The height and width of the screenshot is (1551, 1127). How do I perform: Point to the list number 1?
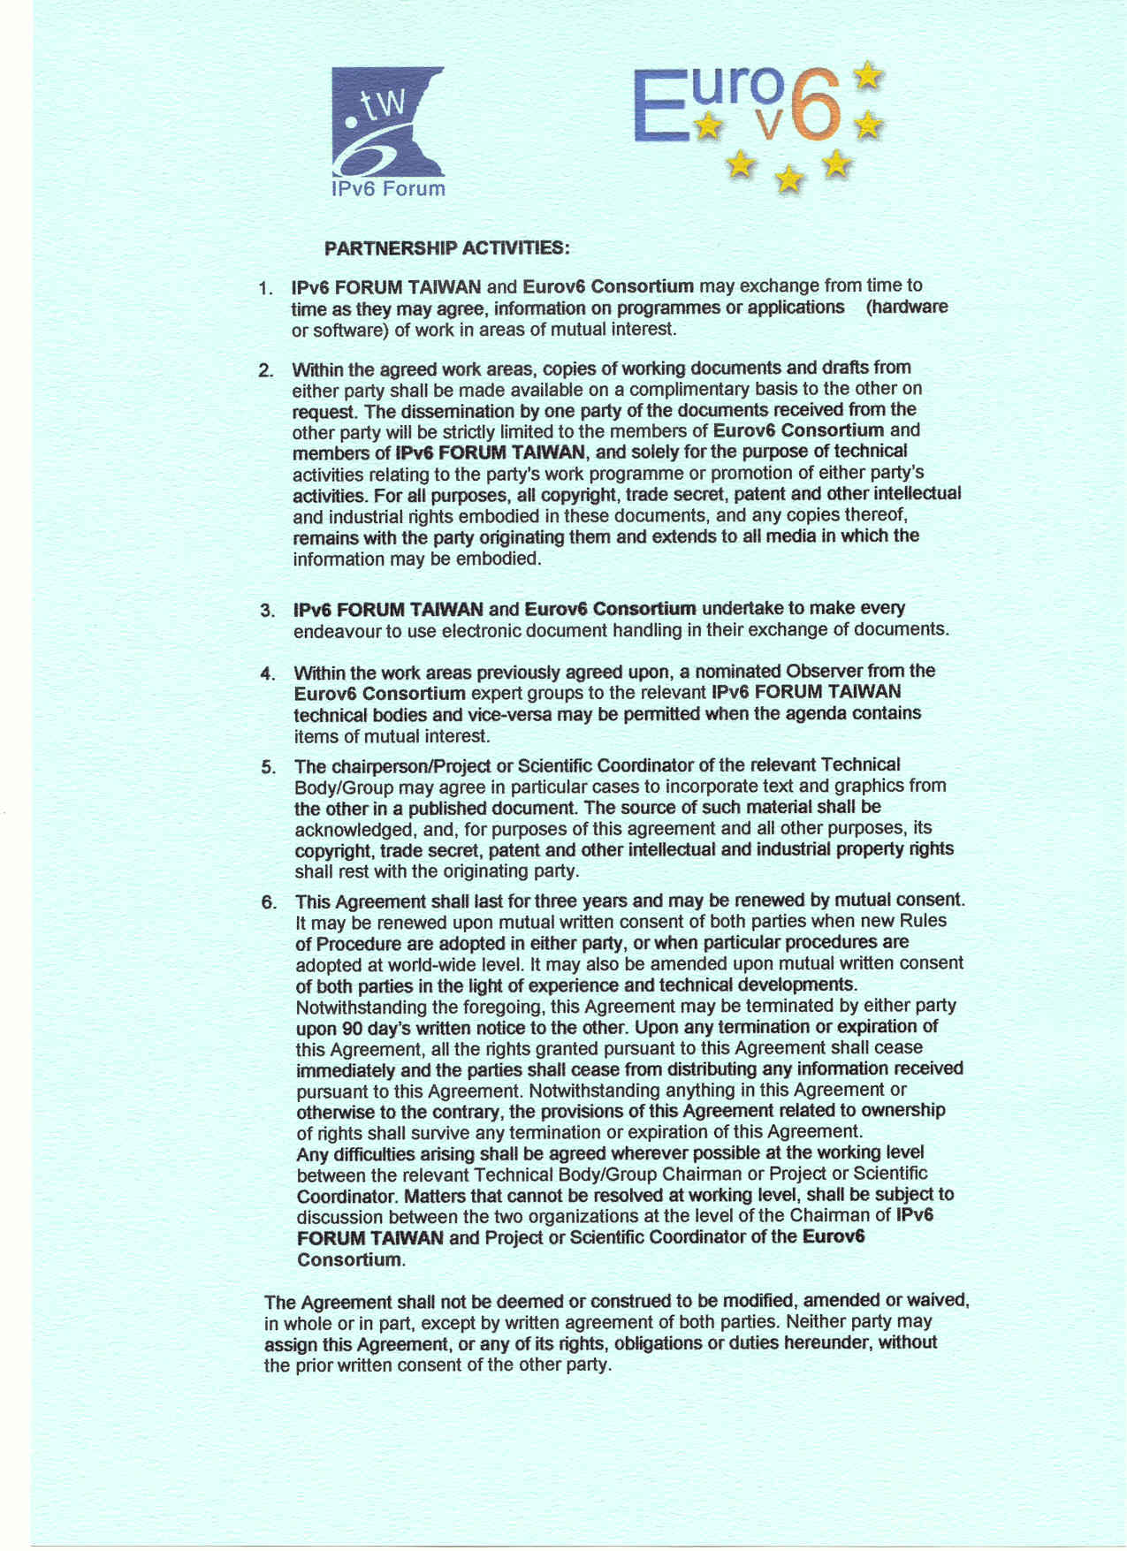(264, 288)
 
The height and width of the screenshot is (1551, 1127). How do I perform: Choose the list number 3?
(267, 611)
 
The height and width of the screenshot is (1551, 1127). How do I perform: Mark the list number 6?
(269, 902)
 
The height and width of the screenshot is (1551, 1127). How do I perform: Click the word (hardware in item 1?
(906, 308)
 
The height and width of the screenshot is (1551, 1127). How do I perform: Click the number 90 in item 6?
(351, 1029)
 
